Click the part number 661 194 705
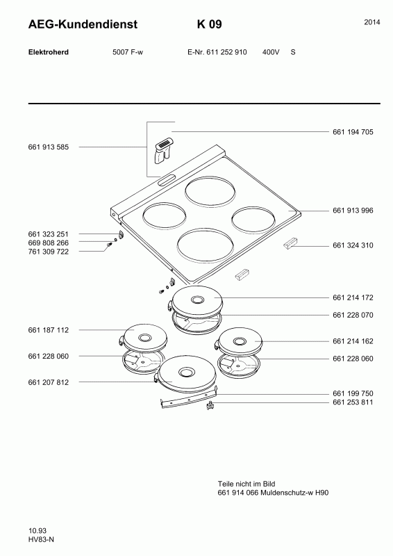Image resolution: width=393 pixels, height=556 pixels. (353, 132)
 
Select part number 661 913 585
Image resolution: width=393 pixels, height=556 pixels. (48, 147)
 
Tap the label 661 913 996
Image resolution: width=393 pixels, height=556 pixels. (353, 211)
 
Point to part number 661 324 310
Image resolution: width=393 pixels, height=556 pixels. (353, 245)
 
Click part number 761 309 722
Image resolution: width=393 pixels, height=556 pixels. (48, 252)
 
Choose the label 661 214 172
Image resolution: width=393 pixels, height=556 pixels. (353, 298)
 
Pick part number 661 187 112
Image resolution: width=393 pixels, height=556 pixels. (48, 330)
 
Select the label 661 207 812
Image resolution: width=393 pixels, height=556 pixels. (48, 383)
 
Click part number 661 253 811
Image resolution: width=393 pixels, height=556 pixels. (353, 402)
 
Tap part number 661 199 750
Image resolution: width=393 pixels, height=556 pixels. (353, 393)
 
